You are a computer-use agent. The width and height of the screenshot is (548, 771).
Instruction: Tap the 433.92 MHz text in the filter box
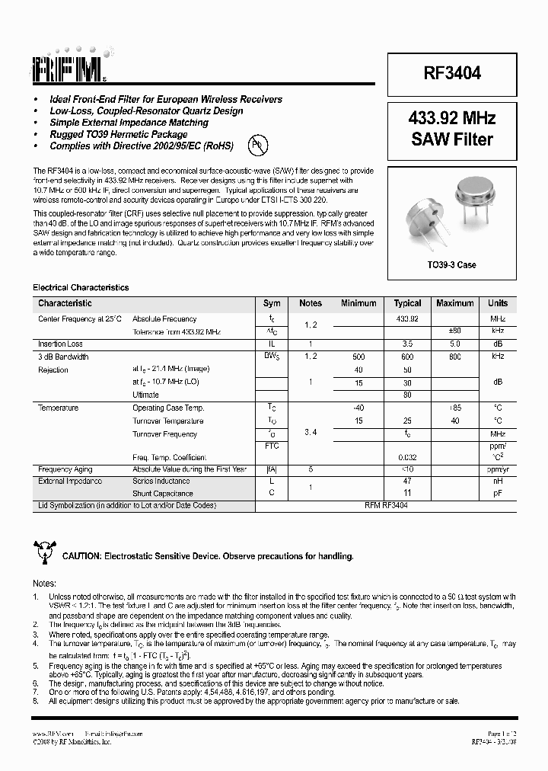452,119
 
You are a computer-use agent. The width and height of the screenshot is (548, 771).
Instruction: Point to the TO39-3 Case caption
452,265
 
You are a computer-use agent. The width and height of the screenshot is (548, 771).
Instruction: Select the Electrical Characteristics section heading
81,287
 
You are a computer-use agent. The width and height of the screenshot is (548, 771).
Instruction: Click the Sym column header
272,303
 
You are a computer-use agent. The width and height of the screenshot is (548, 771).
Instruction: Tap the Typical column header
408,303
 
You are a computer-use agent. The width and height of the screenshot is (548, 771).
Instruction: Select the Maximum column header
455,303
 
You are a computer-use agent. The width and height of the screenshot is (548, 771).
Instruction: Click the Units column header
497,303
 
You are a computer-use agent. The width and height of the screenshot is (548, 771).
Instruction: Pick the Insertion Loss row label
61,344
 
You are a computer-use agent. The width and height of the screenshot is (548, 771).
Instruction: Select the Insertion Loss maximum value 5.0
455,344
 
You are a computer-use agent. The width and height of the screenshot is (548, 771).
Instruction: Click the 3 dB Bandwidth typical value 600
408,357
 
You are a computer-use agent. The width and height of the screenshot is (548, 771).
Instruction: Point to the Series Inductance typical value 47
408,481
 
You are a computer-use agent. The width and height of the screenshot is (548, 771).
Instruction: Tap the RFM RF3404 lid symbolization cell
386,506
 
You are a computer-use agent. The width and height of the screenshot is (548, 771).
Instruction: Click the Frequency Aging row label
66,469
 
